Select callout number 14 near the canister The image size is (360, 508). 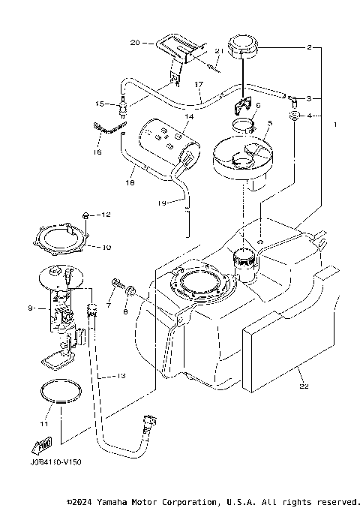pos(189,117)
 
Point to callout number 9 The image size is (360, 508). pos(31,307)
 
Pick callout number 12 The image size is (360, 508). pos(106,215)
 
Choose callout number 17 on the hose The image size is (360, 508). pos(199,86)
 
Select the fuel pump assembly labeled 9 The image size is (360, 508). pos(64,308)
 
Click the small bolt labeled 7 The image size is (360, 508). pos(115,285)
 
